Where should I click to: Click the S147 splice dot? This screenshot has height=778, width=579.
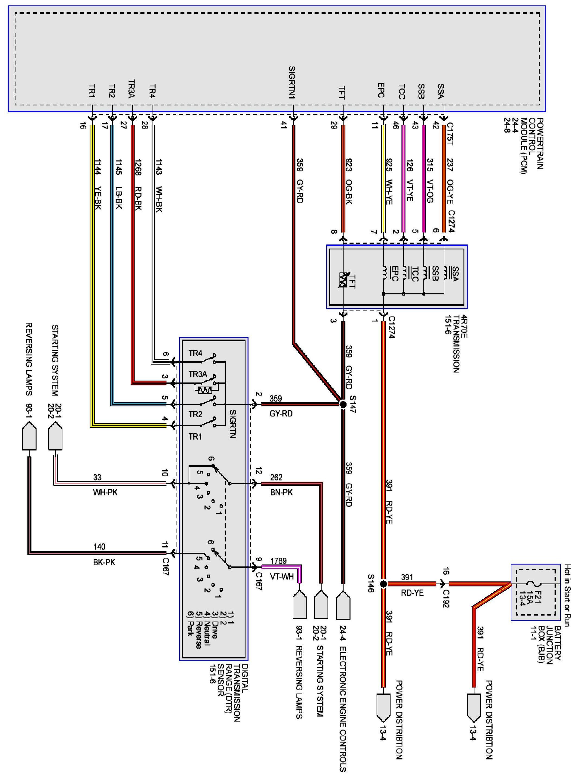pyautogui.click(x=343, y=404)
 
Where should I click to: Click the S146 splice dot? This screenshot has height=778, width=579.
pyautogui.click(x=383, y=584)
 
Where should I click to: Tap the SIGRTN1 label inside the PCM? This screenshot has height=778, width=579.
pyautogui.click(x=292, y=83)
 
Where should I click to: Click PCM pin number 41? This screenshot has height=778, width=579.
pyautogui.click(x=284, y=125)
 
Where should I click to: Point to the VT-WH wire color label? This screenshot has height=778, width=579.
pyautogui.click(x=282, y=576)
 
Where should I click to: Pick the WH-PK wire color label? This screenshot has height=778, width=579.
pyautogui.click(x=105, y=492)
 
